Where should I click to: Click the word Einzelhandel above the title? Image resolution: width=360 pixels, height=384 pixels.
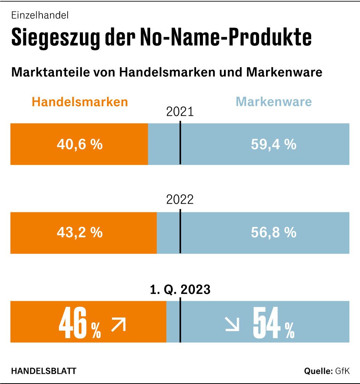(x=40, y=16)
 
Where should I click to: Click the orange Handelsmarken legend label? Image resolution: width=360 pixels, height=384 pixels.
(x=79, y=102)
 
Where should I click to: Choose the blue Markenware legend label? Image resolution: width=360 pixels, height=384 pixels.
(x=274, y=102)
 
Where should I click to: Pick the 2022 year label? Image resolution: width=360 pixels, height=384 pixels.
(x=180, y=200)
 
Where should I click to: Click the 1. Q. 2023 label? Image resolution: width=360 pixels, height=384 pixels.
(x=180, y=290)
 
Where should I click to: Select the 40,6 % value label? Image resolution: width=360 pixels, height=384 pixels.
(x=79, y=144)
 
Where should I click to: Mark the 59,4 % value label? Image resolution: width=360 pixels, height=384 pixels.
(x=274, y=144)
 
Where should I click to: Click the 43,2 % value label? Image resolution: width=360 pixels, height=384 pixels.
(x=79, y=232)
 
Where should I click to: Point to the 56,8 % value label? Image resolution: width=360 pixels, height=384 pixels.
(x=274, y=232)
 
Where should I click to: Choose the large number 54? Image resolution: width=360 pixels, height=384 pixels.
(x=267, y=324)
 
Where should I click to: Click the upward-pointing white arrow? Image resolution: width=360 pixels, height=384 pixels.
(x=118, y=325)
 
